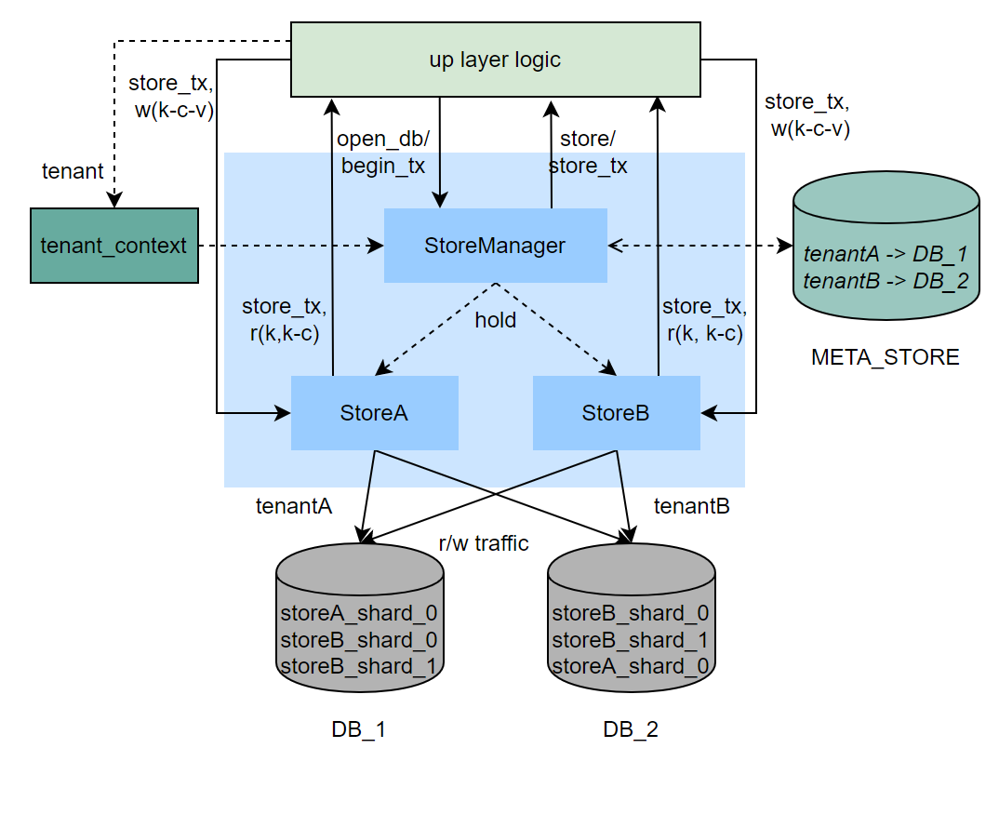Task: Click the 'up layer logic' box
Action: (x=495, y=60)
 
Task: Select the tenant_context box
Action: (x=114, y=246)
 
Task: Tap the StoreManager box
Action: (x=495, y=246)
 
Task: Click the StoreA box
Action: (x=374, y=413)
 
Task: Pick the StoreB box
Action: (x=616, y=413)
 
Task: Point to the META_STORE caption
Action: (x=885, y=356)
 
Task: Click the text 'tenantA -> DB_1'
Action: (x=885, y=253)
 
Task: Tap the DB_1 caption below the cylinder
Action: (x=358, y=729)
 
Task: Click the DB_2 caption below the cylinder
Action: (x=631, y=729)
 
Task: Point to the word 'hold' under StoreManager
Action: (x=495, y=319)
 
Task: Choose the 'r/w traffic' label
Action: (x=483, y=543)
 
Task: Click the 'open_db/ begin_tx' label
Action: (x=382, y=153)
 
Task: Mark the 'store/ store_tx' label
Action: (x=587, y=153)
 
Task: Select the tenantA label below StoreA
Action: (x=294, y=506)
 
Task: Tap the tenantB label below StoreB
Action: (x=691, y=506)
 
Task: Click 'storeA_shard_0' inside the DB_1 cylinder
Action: (x=359, y=613)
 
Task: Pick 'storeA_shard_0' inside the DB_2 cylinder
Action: (x=631, y=666)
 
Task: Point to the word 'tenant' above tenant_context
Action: (x=73, y=171)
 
